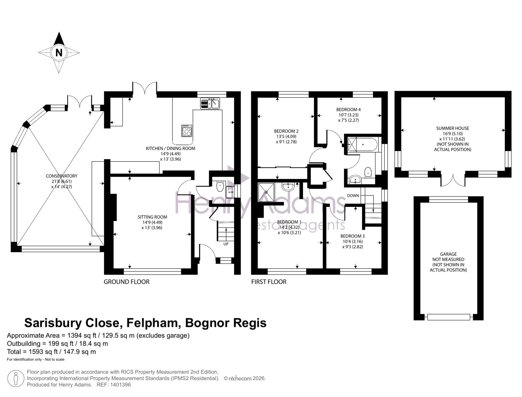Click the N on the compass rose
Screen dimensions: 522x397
tap(59, 53)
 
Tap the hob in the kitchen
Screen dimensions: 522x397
tap(187, 131)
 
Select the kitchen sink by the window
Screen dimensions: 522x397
tap(210, 103)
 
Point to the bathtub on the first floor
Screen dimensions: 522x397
tap(362, 144)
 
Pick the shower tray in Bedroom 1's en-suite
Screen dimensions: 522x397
tap(266, 192)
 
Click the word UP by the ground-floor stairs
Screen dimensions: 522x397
tap(226, 244)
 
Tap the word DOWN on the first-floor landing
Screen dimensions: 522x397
tap(353, 195)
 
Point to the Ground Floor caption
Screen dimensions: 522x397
tap(127, 282)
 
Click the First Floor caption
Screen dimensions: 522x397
tap(269, 282)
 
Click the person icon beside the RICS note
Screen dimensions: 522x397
tap(16, 378)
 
